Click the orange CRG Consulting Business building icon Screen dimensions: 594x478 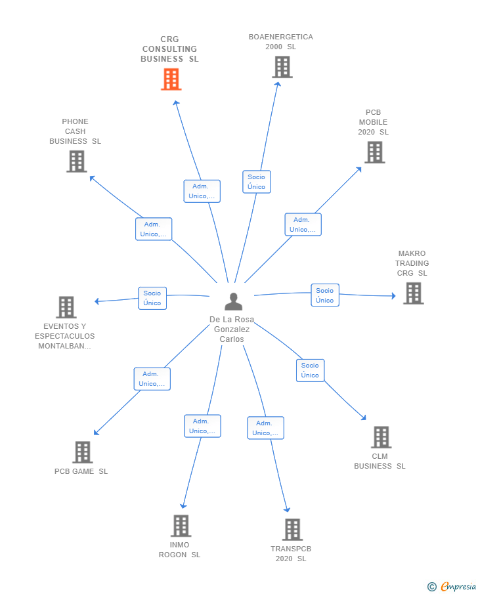(x=171, y=79)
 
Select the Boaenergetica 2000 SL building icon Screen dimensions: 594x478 (x=282, y=67)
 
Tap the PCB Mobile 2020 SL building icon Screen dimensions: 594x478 (x=374, y=152)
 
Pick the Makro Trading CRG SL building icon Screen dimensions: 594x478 (x=413, y=293)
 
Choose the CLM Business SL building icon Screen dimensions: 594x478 (x=381, y=437)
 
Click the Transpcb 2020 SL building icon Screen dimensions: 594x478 (x=292, y=529)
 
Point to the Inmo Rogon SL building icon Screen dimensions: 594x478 (x=181, y=526)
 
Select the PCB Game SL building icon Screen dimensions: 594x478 (x=82, y=452)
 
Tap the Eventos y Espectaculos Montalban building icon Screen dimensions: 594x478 (x=66, y=307)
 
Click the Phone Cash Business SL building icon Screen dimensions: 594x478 (x=76, y=161)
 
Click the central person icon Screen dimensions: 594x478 (x=233, y=302)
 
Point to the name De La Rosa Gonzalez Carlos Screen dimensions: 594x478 (x=232, y=329)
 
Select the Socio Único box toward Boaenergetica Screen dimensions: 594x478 (x=256, y=182)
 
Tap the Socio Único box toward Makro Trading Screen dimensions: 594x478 (x=324, y=295)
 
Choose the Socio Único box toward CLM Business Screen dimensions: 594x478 (x=310, y=370)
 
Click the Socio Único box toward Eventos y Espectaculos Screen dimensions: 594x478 (x=152, y=298)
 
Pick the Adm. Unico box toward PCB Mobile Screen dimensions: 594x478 (x=303, y=224)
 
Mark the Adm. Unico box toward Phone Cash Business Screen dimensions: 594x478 (x=154, y=229)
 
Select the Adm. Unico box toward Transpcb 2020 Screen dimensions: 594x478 (x=265, y=428)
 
